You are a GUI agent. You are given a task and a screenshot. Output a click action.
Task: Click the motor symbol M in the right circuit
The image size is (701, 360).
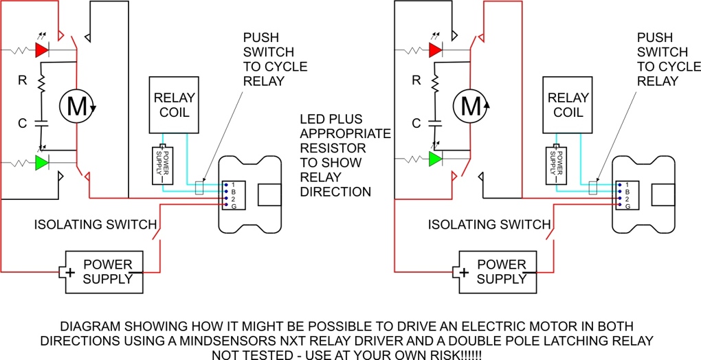coord(470,106)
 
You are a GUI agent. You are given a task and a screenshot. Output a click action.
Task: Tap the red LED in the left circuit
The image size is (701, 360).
coord(42,50)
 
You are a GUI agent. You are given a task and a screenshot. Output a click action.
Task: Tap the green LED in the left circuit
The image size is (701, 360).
coord(42,163)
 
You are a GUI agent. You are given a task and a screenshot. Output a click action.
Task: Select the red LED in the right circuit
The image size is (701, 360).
coord(435,50)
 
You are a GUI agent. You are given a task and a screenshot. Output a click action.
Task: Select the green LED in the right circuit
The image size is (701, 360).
coord(435,159)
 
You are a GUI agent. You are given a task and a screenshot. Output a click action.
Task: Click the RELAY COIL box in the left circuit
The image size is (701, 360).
coord(175,104)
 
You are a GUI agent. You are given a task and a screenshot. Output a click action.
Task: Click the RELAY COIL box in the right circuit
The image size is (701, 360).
coord(568,104)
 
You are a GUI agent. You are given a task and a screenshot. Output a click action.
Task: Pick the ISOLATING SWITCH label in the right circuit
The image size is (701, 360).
coord(489,225)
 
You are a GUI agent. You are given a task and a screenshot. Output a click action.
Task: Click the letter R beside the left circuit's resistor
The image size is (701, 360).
coord(22,80)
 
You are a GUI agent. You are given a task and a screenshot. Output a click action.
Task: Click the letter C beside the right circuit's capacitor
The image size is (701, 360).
coord(415,124)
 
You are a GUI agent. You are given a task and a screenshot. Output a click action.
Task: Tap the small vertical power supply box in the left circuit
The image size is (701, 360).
coord(163,166)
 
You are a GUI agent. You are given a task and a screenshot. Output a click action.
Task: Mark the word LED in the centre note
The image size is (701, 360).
coord(313,120)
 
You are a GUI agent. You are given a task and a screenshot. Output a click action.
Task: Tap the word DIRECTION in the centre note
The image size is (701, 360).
coord(335,192)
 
